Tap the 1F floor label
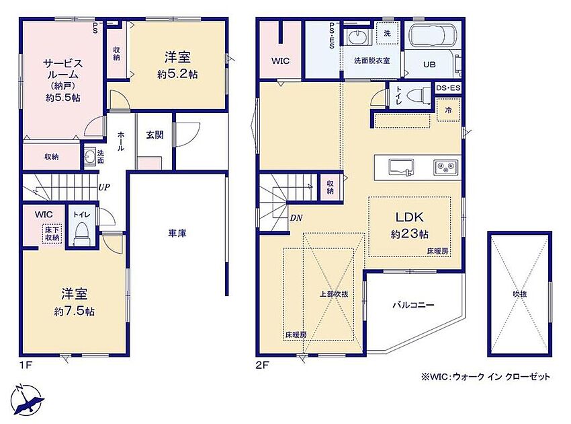coord(26,365)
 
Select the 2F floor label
coord(262,365)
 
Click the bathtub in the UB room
coord(431,36)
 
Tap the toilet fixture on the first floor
coord(81,234)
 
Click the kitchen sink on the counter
coord(400,168)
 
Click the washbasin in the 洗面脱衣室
coord(357,38)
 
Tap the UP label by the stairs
coord(103,188)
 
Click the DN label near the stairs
coord(296,218)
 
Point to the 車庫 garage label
coord(177,233)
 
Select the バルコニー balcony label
coord(413,305)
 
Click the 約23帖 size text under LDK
coord(409,234)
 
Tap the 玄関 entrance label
coord(155,135)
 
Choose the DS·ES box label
coord(448,88)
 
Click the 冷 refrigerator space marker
coord(448,110)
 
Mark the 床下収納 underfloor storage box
coord(52,234)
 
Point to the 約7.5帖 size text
coord(75,311)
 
